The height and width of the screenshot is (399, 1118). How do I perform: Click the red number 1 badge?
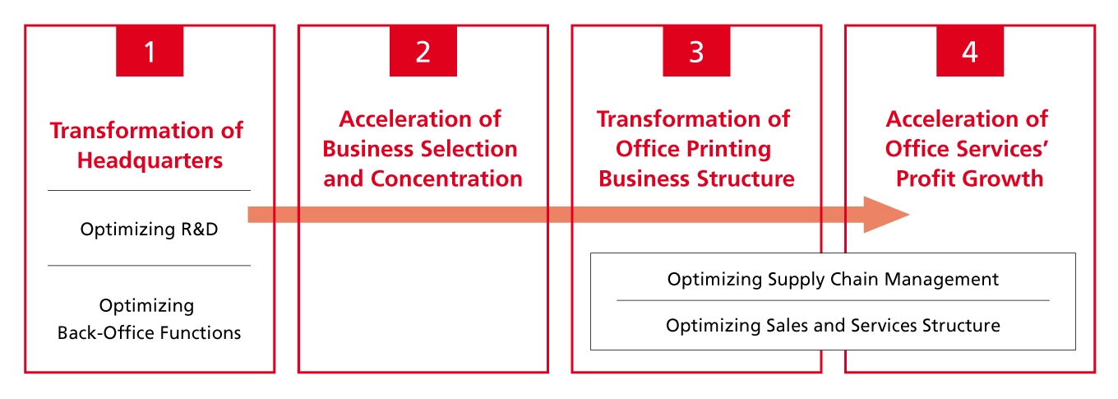(x=149, y=52)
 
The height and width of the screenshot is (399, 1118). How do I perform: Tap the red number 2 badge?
(x=423, y=52)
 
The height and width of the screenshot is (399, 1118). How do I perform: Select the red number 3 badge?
(x=696, y=52)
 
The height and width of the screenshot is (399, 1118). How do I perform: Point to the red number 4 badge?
(x=970, y=52)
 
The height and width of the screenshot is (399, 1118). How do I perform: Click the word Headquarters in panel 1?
(x=150, y=160)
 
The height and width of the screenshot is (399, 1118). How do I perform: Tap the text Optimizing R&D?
(x=149, y=230)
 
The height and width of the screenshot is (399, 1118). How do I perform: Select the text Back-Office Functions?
(x=149, y=333)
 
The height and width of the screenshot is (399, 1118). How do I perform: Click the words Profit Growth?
(x=969, y=179)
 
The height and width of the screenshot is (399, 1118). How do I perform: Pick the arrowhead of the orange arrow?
(x=885, y=215)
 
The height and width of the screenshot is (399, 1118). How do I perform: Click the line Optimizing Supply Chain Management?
(x=833, y=280)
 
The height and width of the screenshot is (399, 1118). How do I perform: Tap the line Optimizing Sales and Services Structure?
(x=833, y=326)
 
